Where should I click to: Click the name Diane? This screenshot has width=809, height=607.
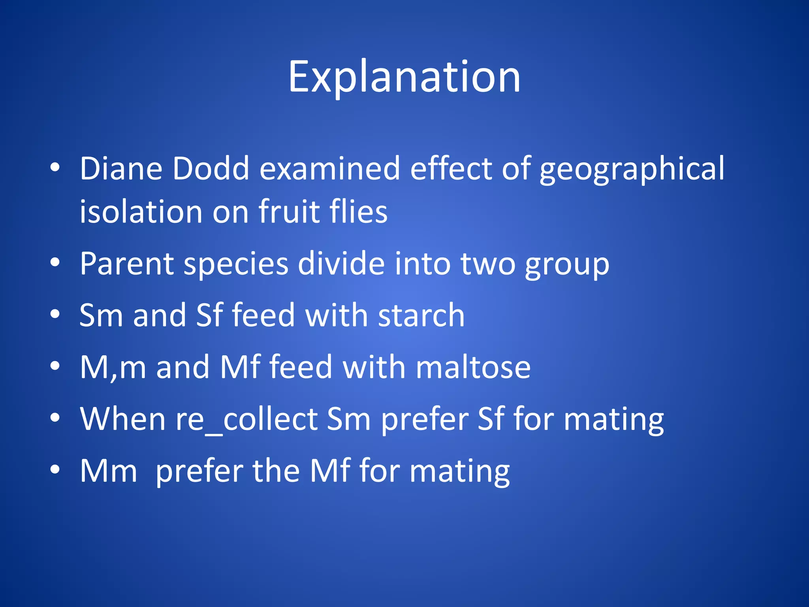[x=121, y=169]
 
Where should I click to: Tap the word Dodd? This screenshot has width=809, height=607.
[x=211, y=169]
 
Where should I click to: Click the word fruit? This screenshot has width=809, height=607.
[x=289, y=212]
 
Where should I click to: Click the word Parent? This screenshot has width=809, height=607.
[x=126, y=264]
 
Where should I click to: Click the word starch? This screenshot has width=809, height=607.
[x=421, y=315]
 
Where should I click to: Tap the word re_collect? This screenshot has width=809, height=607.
[x=247, y=420]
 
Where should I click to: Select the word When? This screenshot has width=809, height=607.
[x=123, y=419]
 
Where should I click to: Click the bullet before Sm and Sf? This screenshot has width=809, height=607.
[x=55, y=315]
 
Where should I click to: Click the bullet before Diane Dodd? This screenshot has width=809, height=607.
[x=55, y=168]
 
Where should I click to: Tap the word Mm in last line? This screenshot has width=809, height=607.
[x=108, y=471]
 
